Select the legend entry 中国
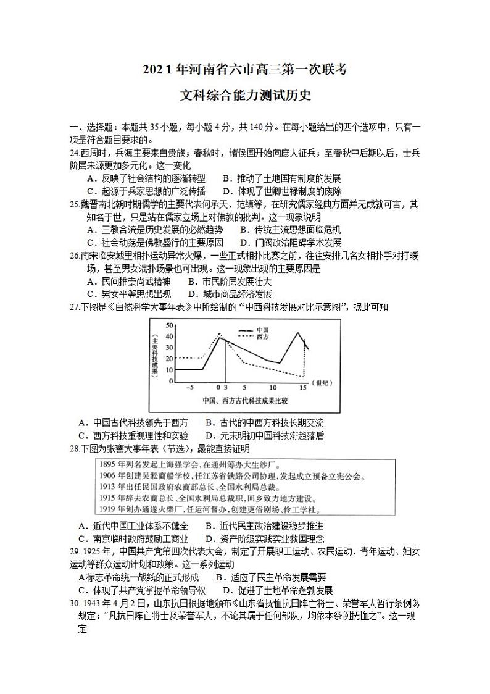(262, 329)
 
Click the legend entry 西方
(262, 337)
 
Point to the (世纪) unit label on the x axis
(322, 382)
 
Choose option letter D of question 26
(191, 294)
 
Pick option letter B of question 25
(243, 230)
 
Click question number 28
(75, 447)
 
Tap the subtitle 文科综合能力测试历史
(244, 96)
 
